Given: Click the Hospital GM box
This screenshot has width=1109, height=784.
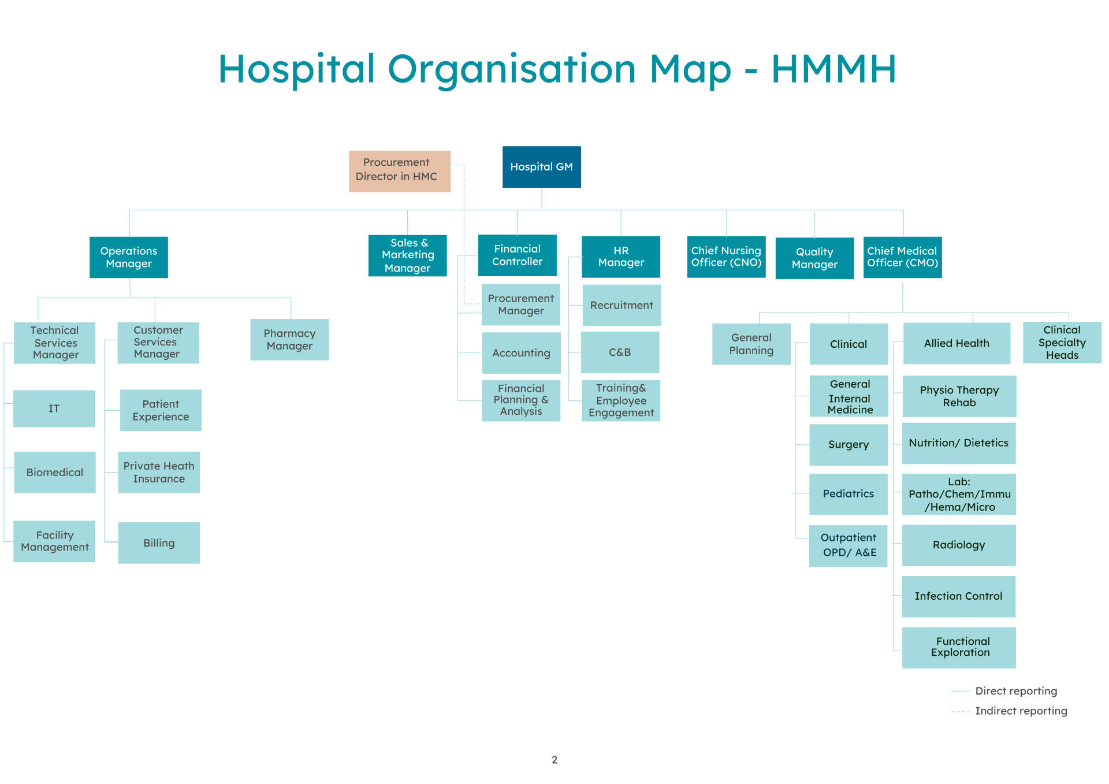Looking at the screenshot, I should click(x=541, y=167).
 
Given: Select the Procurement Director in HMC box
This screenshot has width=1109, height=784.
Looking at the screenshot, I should click(x=399, y=171).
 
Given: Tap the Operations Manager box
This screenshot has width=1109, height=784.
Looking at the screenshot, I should click(x=128, y=257).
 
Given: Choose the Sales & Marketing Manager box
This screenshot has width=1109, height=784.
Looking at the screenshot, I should click(x=407, y=255).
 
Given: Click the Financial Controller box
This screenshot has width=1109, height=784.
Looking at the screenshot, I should click(x=517, y=255).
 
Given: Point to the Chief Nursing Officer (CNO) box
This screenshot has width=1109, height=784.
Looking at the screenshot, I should click(x=726, y=257).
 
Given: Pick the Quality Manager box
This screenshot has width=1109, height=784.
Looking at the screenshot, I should click(x=814, y=258).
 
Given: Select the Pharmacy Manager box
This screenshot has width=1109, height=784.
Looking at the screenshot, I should click(x=289, y=340).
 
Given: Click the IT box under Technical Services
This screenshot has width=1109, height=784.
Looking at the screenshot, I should click(x=54, y=408).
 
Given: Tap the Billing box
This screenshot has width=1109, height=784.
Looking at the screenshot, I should click(x=159, y=543).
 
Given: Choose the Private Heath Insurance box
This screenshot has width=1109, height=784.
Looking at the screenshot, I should click(x=159, y=472).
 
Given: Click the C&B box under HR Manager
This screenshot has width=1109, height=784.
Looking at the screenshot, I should click(x=620, y=352).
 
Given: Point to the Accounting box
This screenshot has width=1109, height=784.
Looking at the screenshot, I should click(x=521, y=353).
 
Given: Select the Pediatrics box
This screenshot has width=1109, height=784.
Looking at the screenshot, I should click(x=848, y=494).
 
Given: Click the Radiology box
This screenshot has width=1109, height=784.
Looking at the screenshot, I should click(x=959, y=545).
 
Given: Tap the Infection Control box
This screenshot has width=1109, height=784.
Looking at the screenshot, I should click(x=958, y=596).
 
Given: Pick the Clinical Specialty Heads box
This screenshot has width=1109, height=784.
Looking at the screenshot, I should click(x=1062, y=343).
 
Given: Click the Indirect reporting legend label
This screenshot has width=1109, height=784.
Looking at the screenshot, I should click(x=1021, y=711).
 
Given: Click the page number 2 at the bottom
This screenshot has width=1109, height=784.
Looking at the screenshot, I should click(x=554, y=760).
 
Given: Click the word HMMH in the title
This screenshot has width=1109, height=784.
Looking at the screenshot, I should click(x=833, y=69).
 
